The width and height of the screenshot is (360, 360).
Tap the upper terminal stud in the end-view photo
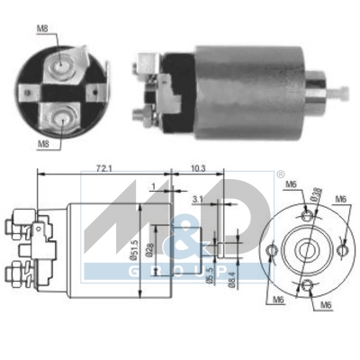point(60,66)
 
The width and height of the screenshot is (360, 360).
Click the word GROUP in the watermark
point(180,270)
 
